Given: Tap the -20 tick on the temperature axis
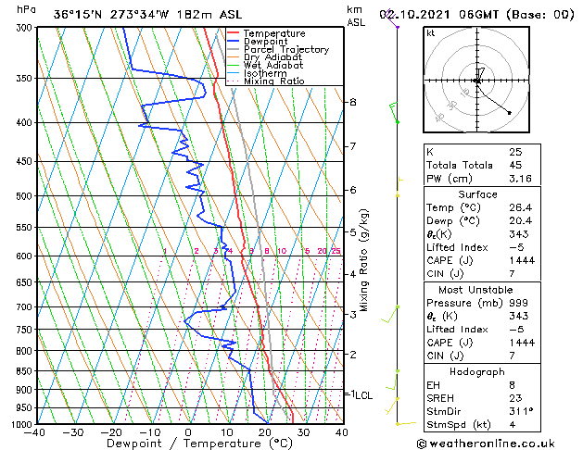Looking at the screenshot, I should [x=111, y=432].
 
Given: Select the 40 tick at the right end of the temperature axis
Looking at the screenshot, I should [x=340, y=432].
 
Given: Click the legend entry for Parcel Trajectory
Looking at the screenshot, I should [x=285, y=49].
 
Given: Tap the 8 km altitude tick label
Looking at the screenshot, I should [x=353, y=102].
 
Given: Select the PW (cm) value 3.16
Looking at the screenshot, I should [x=520, y=179].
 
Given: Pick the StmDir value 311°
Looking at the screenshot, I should [x=520, y=411].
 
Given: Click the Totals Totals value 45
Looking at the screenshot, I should [x=515, y=165].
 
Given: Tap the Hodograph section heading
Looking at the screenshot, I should [x=477, y=371].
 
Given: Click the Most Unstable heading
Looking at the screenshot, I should [x=477, y=290].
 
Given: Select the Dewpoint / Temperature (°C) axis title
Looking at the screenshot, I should [x=188, y=444].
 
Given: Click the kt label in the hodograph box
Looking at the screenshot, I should [x=430, y=33].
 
